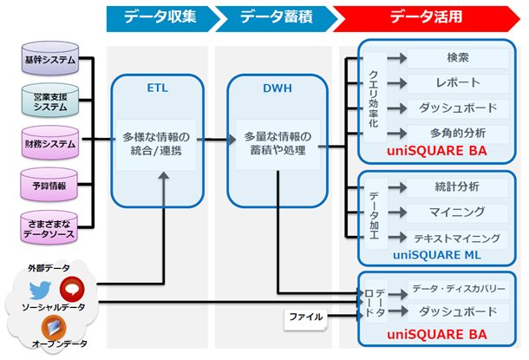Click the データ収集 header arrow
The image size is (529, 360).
[159, 17]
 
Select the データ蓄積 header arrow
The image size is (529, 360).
[272, 17]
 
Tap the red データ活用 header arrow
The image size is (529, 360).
[425, 17]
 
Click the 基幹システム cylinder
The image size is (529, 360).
[49, 61]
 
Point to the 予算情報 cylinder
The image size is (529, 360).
[49, 185]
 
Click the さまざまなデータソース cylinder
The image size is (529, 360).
[49, 227]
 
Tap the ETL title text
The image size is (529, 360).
[159, 88]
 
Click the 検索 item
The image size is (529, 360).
[458, 59]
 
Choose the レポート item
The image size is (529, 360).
[458, 83]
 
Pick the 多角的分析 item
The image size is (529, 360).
[458, 133]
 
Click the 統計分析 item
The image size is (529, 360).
[458, 187]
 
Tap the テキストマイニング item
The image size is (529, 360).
[458, 237]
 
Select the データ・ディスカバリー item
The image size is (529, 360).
[458, 287]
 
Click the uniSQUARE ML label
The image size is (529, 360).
[435, 255]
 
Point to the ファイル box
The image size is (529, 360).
[304, 317]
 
